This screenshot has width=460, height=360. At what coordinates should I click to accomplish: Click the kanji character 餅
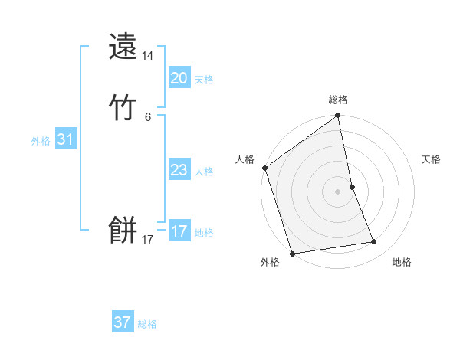(123, 229)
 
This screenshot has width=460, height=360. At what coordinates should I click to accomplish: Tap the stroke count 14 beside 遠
(148, 57)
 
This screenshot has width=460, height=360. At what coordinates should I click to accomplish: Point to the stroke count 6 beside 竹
(148, 116)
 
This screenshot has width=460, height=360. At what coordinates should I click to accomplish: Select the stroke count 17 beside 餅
(148, 240)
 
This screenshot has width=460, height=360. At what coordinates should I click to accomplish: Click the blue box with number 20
(179, 78)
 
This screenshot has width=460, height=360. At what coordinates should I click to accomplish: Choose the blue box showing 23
(179, 170)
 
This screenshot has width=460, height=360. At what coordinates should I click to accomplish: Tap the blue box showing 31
(65, 139)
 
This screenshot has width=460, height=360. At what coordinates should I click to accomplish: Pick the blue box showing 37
(123, 322)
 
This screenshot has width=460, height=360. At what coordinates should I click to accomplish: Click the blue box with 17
(179, 231)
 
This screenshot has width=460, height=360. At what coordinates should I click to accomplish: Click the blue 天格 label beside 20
(204, 80)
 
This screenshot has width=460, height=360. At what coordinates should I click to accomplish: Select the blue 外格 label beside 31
(41, 141)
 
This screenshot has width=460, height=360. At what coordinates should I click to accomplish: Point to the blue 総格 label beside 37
(147, 324)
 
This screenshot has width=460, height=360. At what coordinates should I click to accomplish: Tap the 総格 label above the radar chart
(338, 100)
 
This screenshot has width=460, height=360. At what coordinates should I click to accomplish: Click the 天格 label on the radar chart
(431, 159)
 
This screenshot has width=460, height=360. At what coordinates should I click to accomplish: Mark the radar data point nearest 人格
(265, 168)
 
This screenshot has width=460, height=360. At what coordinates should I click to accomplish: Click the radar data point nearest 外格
(292, 253)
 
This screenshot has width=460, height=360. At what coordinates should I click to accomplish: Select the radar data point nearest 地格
(374, 242)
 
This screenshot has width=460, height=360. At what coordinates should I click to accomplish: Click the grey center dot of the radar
(337, 191)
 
